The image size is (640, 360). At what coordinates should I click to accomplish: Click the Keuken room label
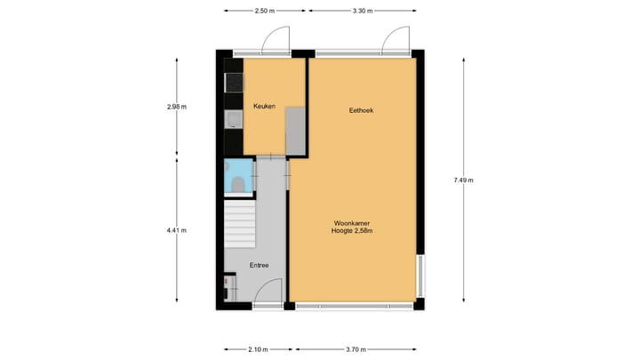pyautogui.click(x=264, y=107)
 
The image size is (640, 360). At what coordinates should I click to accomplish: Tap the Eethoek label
pyautogui.click(x=361, y=110)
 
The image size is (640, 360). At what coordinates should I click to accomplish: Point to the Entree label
pyautogui.click(x=260, y=265)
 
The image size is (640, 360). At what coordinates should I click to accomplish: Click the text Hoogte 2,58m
pyautogui.click(x=353, y=231)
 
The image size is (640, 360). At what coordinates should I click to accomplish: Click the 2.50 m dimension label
pyautogui.click(x=264, y=11)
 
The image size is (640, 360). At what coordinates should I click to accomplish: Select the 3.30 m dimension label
pyautogui.click(x=362, y=11)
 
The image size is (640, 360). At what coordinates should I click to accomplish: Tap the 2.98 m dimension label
pyautogui.click(x=177, y=107)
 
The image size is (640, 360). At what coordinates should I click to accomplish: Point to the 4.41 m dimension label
pyautogui.click(x=177, y=230)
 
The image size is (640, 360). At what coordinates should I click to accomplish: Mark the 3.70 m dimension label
pyautogui.click(x=356, y=349)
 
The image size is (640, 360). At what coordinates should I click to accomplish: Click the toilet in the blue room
pyautogui.click(x=236, y=183)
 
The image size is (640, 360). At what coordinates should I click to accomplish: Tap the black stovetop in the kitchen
pyautogui.click(x=234, y=84)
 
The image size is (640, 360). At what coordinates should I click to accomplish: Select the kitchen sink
pyautogui.click(x=233, y=120)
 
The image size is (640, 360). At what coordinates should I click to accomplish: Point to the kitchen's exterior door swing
pyautogui.click(x=276, y=39)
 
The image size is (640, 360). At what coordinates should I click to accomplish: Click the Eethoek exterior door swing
pyautogui.click(x=394, y=39)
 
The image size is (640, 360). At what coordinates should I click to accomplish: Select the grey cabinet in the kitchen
pyautogui.click(x=295, y=132)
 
